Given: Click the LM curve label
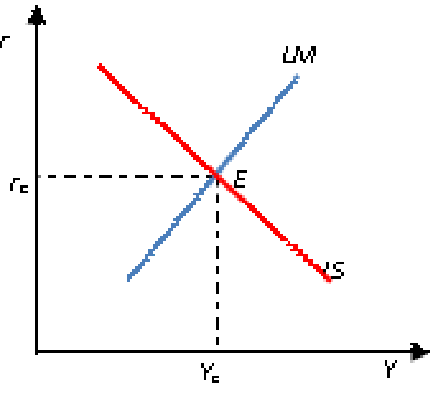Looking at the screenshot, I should point(299,55).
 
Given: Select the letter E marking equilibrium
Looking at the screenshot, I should point(239,179).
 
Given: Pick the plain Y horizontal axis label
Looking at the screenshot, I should point(391,369).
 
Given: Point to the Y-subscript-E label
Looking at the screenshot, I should point(210,373).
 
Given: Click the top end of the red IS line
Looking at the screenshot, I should point(100,66).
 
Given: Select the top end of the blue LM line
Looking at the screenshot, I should point(296,77).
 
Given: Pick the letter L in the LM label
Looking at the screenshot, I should point(289,55).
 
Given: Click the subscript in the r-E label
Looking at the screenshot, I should point(24,189).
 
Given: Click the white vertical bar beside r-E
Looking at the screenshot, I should point(40,186).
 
